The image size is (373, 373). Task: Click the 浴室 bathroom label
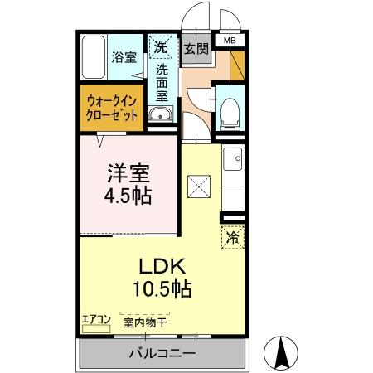click(x=124, y=58)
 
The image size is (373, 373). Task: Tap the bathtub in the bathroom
click(x=93, y=57)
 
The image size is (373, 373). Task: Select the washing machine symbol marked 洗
click(x=160, y=46)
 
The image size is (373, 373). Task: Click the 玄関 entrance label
click(x=196, y=48)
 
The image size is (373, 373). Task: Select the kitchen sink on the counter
click(x=233, y=156)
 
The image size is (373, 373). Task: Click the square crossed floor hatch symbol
click(x=197, y=187)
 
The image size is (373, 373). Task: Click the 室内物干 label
click(x=145, y=322)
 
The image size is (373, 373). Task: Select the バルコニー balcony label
click(x=162, y=355)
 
